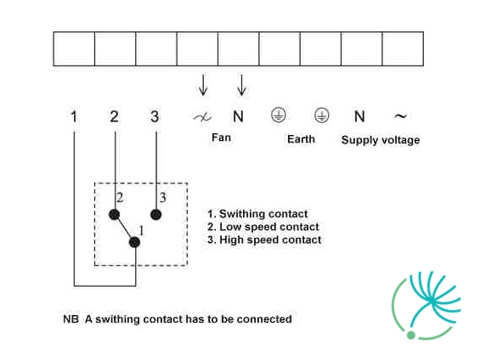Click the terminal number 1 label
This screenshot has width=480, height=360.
[74, 116]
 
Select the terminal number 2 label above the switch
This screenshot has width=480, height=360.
[114, 116]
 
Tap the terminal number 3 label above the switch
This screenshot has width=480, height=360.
[155, 116]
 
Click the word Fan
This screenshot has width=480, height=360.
[222, 138]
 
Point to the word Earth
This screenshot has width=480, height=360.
[302, 139]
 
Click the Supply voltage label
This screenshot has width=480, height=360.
[381, 140]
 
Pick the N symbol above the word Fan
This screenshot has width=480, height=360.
[238, 116]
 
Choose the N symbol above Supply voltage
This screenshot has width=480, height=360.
[359, 116]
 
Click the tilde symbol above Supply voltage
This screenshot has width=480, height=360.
[400, 116]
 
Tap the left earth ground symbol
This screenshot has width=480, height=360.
[279, 115]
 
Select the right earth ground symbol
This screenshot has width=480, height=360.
[322, 115]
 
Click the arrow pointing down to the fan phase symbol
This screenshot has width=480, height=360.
[203, 85]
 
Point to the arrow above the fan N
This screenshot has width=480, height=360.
[241, 85]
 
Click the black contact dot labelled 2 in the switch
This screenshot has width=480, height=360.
[114, 215]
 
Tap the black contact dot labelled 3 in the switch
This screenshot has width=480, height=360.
[156, 215]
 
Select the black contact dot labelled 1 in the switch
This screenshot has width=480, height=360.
[135, 242]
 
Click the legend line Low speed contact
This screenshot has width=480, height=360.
[263, 227]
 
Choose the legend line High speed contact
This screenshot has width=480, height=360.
[264, 239]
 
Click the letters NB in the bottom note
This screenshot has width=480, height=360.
[71, 319]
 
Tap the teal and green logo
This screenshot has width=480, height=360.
[426, 306]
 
